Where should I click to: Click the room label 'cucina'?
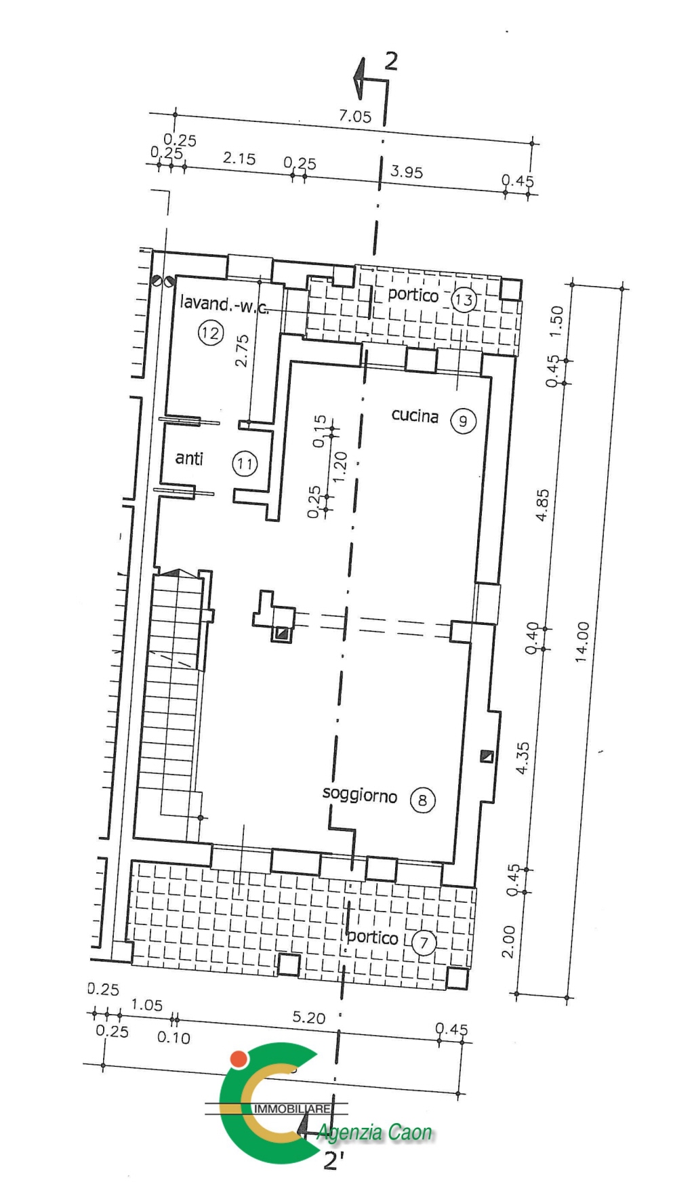pyautogui.click(x=415, y=415)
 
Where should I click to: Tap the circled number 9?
pyautogui.click(x=464, y=422)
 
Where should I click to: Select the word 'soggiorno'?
pyautogui.click(x=359, y=794)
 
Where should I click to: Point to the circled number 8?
pyautogui.click(x=423, y=800)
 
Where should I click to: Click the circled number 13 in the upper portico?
pyautogui.click(x=464, y=300)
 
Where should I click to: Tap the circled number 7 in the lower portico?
pyautogui.click(x=424, y=942)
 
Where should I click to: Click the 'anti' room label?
pyautogui.click(x=189, y=458)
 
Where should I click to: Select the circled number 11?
pyautogui.click(x=245, y=464)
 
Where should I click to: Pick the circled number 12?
pyautogui.click(x=211, y=333)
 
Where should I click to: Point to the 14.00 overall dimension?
pyautogui.click(x=582, y=642)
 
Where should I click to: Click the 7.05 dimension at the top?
pyautogui.click(x=355, y=116)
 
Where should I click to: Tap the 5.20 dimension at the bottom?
pyautogui.click(x=309, y=1017)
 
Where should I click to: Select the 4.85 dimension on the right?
pyautogui.click(x=542, y=505)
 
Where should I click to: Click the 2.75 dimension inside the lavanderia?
pyautogui.click(x=242, y=350)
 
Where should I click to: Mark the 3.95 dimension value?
pyautogui.click(x=407, y=171)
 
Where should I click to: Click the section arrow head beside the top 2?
pyautogui.click(x=359, y=77)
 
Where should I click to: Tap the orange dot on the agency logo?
pyautogui.click(x=238, y=1059)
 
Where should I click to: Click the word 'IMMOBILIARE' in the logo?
pyautogui.click(x=293, y=1109)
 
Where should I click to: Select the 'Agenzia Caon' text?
pyautogui.click(x=374, y=1133)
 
